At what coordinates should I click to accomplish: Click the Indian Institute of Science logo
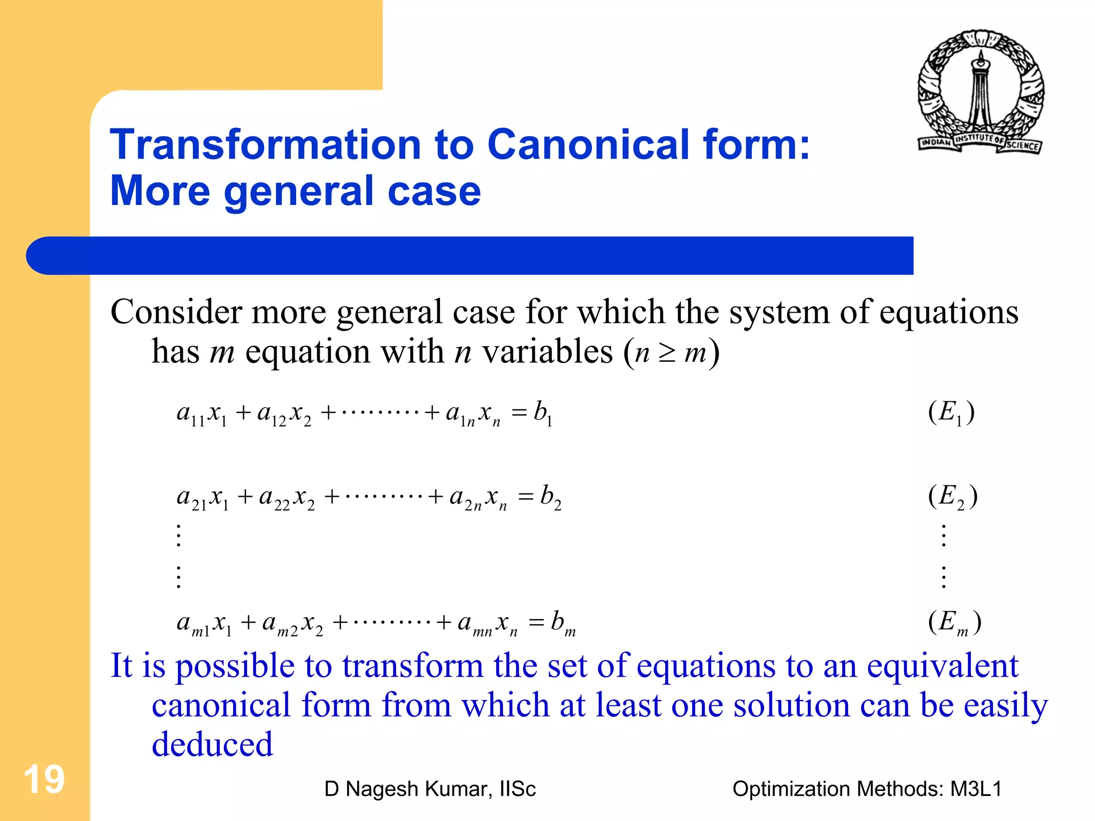tap(981, 92)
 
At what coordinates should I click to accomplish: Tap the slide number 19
tap(44, 779)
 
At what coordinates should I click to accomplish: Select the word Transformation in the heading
tap(266, 145)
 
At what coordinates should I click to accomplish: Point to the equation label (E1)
tap(951, 413)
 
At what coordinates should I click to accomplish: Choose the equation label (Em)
tap(954, 623)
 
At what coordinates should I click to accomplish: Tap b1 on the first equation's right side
tap(543, 413)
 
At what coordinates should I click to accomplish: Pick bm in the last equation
tap(563, 623)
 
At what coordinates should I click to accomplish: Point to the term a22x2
tap(287, 498)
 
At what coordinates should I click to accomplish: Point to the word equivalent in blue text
tap(943, 666)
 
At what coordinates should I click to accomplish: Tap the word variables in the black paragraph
tap(547, 352)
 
